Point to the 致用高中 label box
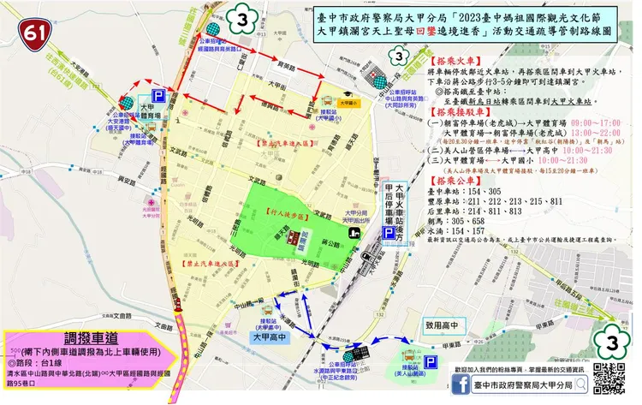coord(440,325)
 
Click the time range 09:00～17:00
coord(590,123)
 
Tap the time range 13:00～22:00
coord(590,134)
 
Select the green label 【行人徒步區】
coord(287,209)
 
